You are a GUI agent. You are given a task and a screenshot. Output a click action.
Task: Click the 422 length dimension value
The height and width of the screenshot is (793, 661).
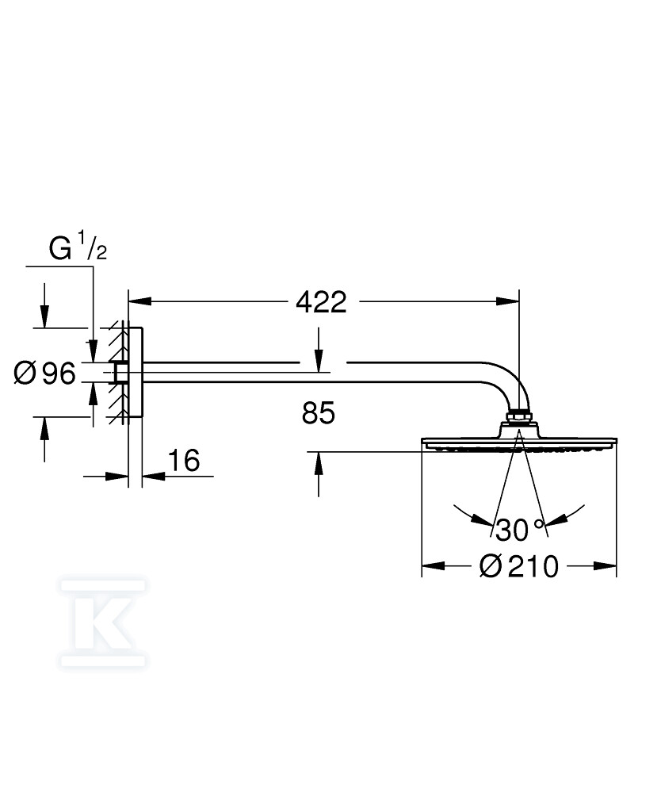click(x=321, y=302)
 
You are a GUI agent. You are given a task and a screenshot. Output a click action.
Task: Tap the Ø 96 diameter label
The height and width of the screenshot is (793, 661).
click(x=45, y=374)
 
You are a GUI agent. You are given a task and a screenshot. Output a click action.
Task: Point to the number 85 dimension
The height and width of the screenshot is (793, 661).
click(x=319, y=412)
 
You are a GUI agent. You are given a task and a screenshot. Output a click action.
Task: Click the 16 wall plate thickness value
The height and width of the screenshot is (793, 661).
click(x=183, y=461)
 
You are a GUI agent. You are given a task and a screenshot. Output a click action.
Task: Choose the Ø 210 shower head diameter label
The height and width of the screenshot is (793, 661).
click(x=518, y=566)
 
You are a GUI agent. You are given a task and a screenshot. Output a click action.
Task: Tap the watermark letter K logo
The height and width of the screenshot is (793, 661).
click(x=102, y=623)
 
